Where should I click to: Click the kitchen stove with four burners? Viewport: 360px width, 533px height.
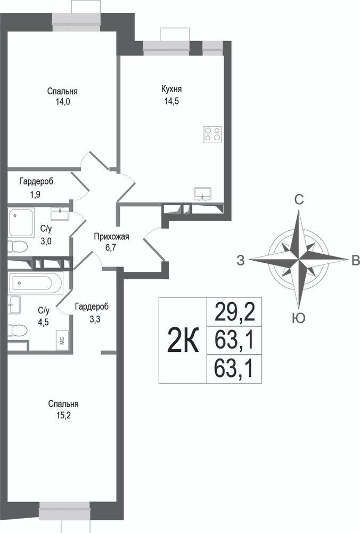[x=213, y=134]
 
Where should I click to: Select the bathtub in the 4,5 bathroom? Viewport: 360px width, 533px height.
[x=36, y=282]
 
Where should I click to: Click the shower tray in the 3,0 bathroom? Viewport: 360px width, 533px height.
[x=21, y=223]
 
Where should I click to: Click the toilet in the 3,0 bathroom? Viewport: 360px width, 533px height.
[x=17, y=247]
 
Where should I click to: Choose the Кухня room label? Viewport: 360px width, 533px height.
[x=171, y=89]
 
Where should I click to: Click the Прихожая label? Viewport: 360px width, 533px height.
[x=111, y=237]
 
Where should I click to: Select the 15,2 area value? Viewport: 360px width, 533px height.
[x=63, y=415]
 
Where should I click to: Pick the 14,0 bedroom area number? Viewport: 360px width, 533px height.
[x=63, y=102]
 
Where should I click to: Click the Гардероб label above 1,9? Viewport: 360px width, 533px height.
[x=36, y=182]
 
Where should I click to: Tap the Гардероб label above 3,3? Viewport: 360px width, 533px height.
[x=92, y=307]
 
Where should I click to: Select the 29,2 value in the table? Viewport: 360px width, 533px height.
[x=234, y=312]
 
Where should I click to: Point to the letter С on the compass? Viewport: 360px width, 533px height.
[x=299, y=200]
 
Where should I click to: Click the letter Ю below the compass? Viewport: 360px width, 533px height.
[x=299, y=318]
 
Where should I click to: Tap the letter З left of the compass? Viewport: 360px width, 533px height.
[x=241, y=261]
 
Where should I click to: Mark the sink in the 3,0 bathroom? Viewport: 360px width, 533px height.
[x=60, y=214]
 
